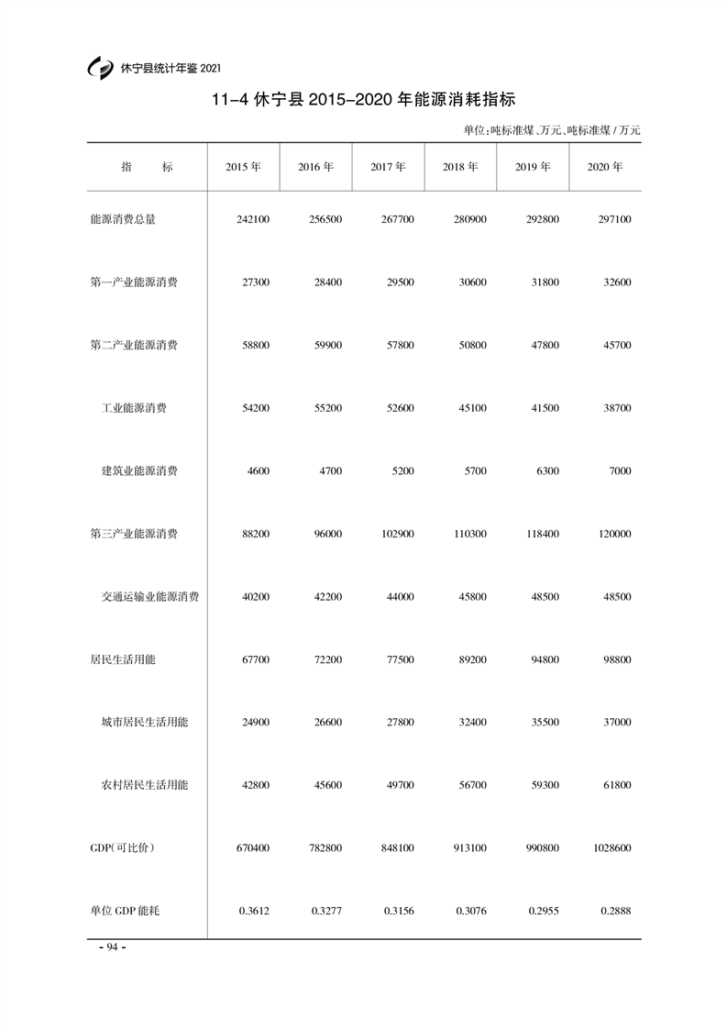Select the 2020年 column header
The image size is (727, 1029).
[x=604, y=168]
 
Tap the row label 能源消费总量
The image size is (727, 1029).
[x=123, y=219]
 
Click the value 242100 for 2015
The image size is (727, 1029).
[x=252, y=220]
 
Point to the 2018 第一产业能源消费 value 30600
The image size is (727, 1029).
[x=471, y=282]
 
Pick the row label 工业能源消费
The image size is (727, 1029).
[x=134, y=408]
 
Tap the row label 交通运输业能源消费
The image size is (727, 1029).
[x=150, y=597]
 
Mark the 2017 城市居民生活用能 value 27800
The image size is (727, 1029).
[x=399, y=723]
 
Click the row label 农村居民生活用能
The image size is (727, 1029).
[x=145, y=786]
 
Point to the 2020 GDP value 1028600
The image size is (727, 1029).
[x=611, y=848]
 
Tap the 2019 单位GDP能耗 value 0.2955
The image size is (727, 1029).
[x=543, y=912]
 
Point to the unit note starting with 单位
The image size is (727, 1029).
[x=552, y=130]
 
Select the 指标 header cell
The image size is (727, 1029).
[x=147, y=168]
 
